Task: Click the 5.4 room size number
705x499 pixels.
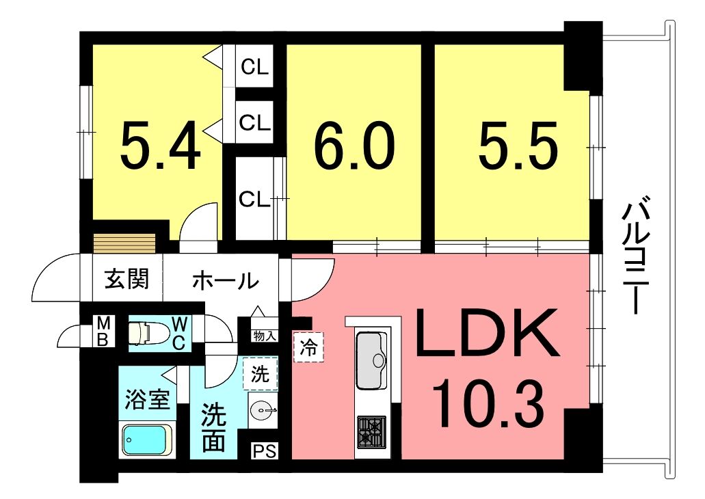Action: point(161,145)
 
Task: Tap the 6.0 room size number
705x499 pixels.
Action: point(354,145)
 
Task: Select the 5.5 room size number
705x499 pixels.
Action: point(518,145)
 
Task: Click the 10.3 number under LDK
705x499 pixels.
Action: point(488,403)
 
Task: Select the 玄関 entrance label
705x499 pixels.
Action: point(127,280)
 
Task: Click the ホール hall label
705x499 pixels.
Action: point(226,280)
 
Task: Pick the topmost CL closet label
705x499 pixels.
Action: point(255,67)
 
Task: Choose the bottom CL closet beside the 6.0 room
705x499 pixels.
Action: point(254,199)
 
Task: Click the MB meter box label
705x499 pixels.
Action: point(103,331)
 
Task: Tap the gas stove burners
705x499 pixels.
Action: point(372,431)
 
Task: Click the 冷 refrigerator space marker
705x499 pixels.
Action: point(308,347)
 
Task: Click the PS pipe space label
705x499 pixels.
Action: point(265,450)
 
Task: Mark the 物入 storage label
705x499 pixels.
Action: point(265,336)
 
